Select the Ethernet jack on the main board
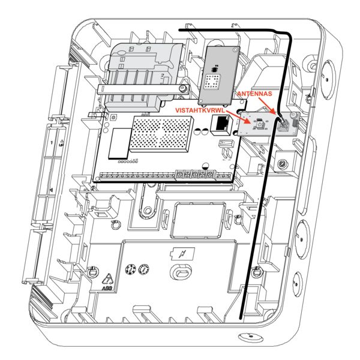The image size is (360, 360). [220, 124]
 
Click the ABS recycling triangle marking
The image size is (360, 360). [109, 278]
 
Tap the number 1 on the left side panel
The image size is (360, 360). [52, 142]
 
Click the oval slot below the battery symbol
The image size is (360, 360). [181, 273]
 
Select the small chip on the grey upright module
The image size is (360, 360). [212, 80]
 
